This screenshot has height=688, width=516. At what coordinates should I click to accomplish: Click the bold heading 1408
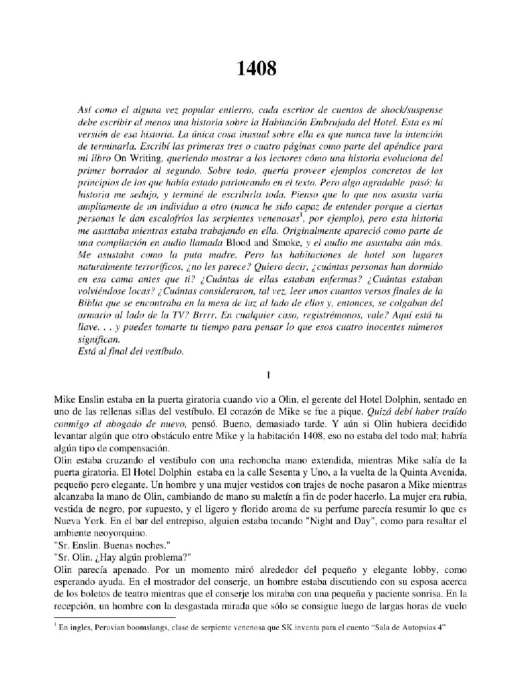point(257,69)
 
